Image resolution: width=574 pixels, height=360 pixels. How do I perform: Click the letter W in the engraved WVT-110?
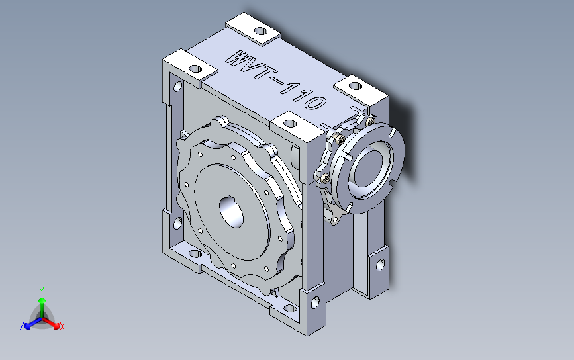[x=237, y=60]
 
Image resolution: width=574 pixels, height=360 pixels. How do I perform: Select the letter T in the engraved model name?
[x=262, y=73]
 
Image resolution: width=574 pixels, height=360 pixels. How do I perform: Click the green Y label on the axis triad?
[x=42, y=291]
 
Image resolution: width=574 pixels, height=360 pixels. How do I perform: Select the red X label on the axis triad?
[x=62, y=326]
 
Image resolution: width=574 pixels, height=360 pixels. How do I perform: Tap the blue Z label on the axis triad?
[x=22, y=326]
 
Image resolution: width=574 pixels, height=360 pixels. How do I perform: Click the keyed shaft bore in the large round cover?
[x=231, y=211]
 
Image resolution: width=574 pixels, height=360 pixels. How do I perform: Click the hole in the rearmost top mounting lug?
[x=261, y=31]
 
